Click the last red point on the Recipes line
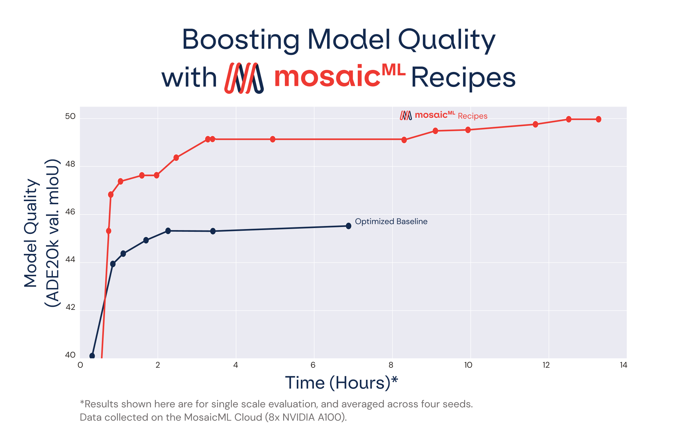598,119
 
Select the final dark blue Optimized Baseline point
348,226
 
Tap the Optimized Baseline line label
391,222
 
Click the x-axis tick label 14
623,365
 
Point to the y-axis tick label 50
70,117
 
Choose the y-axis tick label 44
70,260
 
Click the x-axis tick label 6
313,365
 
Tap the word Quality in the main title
446,40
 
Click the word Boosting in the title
241,40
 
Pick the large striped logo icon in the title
244,78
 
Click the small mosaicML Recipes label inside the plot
444,116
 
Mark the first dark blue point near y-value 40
92,356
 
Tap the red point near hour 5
273,139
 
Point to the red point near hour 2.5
176,157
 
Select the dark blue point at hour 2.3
168,231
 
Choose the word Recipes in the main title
463,78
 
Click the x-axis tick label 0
80,365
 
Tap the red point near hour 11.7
535,124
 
